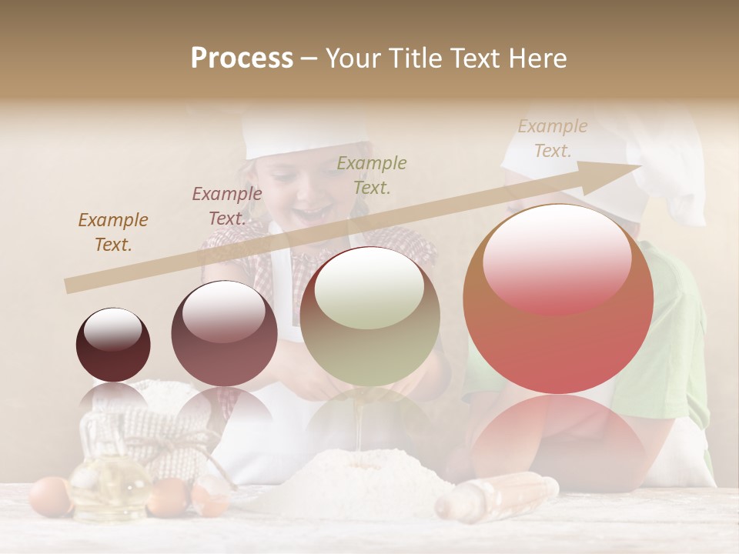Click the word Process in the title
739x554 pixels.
tap(242, 58)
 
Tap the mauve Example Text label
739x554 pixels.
tap(226, 206)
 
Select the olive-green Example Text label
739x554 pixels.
tap(372, 175)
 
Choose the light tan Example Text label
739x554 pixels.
tap(553, 138)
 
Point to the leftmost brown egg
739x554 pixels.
tap(50, 496)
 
